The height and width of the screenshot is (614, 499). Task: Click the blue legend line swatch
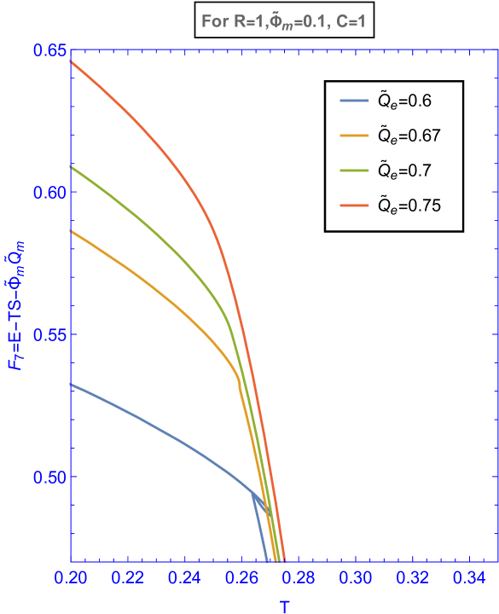(x=354, y=101)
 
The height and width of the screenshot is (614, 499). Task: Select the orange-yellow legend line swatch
(x=354, y=136)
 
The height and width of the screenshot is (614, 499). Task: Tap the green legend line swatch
(x=354, y=171)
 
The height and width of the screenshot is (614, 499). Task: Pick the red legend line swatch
(x=354, y=206)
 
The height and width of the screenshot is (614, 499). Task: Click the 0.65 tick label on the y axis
(x=49, y=49)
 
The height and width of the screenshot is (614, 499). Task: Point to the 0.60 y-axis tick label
(x=49, y=192)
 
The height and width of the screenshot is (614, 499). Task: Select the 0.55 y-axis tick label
(x=49, y=334)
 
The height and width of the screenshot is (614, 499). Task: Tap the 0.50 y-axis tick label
(x=49, y=477)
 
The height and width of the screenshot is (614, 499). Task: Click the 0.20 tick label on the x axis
(x=71, y=578)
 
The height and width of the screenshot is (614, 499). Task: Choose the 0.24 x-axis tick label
(x=184, y=578)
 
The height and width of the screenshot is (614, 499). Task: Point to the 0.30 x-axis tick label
(x=355, y=578)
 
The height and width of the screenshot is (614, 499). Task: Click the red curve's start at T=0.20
(x=72, y=61)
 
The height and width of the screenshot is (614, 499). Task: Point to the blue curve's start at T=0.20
(x=72, y=384)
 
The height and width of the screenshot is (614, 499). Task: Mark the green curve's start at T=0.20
(x=72, y=166)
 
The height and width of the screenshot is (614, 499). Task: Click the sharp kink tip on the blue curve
(x=251, y=491)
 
